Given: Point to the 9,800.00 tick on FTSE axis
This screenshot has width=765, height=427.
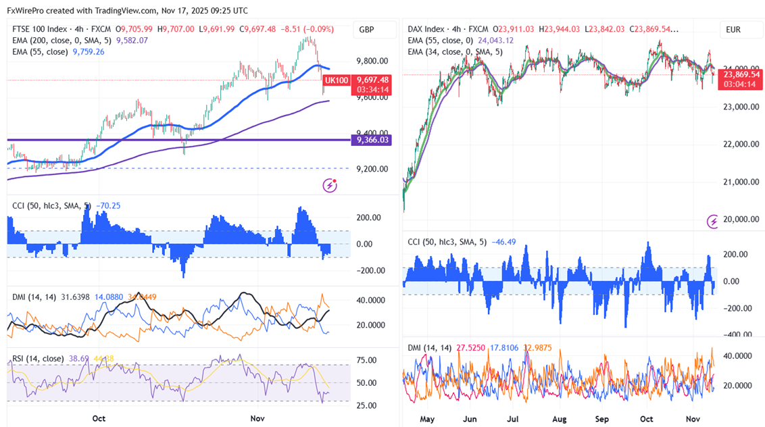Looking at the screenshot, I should click(x=372, y=61).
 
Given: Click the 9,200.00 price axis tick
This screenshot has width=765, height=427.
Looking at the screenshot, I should click(x=372, y=169).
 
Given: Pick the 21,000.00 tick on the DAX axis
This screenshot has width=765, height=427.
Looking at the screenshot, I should click(x=741, y=182).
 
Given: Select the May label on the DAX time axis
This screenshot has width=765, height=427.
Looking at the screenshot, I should click(x=426, y=419).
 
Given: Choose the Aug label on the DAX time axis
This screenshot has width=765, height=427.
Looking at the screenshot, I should click(x=560, y=419).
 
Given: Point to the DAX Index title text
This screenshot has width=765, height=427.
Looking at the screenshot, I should click(x=426, y=30).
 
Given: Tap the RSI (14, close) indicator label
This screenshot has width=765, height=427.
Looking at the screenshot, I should click(x=39, y=358).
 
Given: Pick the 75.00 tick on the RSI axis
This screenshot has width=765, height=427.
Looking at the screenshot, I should click(x=367, y=360).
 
